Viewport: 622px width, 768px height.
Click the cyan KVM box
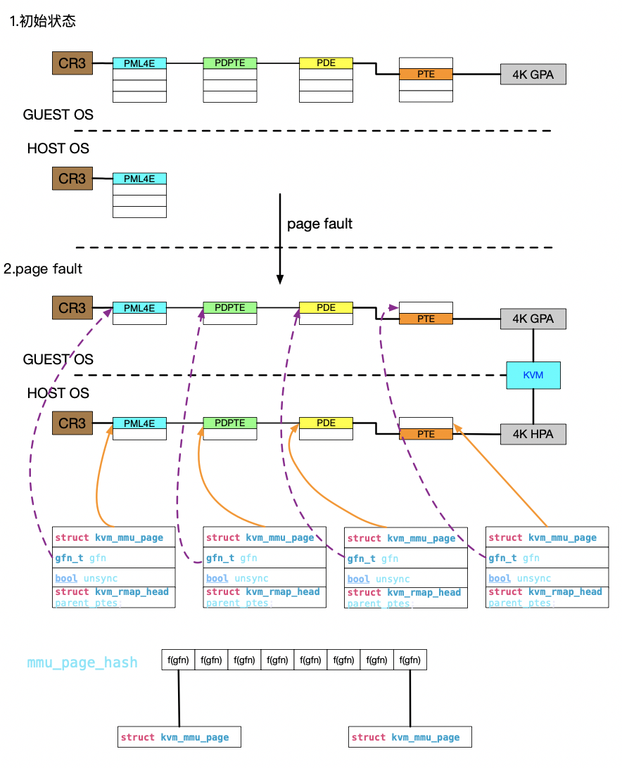tap(533, 376)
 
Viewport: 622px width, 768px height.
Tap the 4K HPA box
tap(533, 434)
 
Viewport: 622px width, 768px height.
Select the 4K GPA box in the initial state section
tap(533, 74)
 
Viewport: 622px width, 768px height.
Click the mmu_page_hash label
tap(82, 663)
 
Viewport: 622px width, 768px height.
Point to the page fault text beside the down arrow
tap(319, 224)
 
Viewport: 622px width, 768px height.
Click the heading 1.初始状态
tap(43, 21)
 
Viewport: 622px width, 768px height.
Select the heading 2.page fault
tap(43, 269)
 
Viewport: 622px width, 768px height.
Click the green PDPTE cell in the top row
tap(230, 63)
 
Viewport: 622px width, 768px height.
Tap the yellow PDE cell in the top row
tap(326, 63)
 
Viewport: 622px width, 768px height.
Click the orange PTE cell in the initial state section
tap(426, 74)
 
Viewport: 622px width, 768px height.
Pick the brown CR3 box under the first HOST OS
tap(72, 179)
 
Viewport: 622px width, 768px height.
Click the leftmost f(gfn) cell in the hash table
tap(178, 660)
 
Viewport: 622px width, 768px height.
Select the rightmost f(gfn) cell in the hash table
tap(410, 660)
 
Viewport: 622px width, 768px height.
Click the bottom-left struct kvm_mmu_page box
tap(179, 737)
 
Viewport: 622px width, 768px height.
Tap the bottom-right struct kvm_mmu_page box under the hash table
tap(410, 737)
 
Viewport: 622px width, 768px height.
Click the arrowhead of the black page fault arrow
tap(280, 279)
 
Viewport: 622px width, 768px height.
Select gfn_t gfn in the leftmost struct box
tap(81, 558)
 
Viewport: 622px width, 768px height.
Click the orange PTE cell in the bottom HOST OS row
tap(426, 434)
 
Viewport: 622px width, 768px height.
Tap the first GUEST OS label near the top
tap(58, 114)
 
